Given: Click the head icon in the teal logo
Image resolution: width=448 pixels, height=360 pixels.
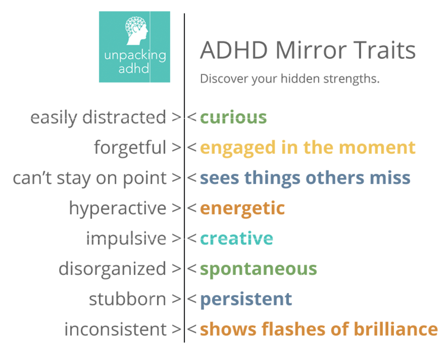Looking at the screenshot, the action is click(x=136, y=31).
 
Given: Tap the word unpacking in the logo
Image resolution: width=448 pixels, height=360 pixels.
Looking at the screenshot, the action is click(x=135, y=56).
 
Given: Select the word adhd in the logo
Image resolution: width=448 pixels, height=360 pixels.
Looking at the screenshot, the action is click(x=134, y=68).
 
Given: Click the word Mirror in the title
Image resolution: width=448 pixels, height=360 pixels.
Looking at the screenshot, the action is click(x=311, y=50).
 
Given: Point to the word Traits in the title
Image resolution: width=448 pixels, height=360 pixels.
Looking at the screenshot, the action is click(x=384, y=50).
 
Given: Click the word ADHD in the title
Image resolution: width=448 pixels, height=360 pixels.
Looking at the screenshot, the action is click(x=234, y=50).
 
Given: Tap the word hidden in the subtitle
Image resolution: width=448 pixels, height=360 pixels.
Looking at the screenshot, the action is click(x=300, y=79).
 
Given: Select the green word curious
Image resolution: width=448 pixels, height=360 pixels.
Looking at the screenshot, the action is click(x=233, y=117).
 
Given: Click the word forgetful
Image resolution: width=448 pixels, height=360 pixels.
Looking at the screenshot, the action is click(x=130, y=148).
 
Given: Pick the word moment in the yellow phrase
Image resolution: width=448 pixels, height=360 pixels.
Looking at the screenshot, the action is click(x=377, y=148).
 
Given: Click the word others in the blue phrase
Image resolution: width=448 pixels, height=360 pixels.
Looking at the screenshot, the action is click(x=335, y=178).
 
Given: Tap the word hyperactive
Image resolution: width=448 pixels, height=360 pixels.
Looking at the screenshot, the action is click(x=118, y=208).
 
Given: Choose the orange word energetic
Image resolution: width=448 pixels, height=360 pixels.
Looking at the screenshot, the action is click(x=242, y=208).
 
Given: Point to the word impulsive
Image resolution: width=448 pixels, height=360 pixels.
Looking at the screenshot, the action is click(x=126, y=239).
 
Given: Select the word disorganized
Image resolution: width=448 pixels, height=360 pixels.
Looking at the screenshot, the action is click(x=112, y=269).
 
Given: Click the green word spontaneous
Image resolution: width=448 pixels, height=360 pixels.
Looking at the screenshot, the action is click(x=258, y=269).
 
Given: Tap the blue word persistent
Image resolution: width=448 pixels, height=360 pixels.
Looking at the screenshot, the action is click(x=246, y=300).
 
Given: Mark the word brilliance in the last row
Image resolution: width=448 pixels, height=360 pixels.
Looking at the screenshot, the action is click(x=396, y=329).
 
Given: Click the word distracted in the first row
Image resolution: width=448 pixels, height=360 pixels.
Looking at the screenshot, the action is click(x=124, y=117).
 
